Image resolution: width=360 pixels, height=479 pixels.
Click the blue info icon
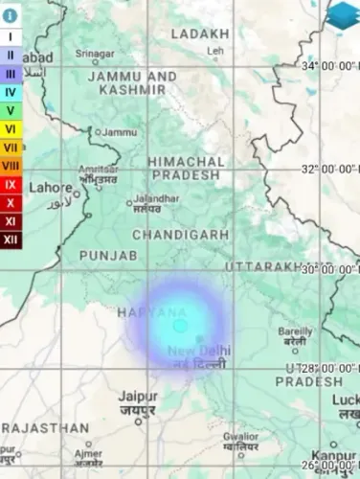click(x=10, y=16)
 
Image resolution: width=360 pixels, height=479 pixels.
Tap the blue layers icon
click(x=342, y=15)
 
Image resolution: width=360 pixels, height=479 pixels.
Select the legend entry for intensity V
click(x=11, y=110)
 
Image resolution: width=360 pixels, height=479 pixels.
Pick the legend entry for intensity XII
click(x=11, y=239)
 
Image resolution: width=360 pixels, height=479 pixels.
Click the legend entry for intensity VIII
click(x=11, y=166)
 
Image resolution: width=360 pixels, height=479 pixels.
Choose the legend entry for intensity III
click(x=11, y=74)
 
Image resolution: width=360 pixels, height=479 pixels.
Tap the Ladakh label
click(x=200, y=34)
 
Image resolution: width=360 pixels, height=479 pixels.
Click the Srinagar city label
click(x=95, y=54)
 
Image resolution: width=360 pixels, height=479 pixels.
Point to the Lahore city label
click(x=51, y=188)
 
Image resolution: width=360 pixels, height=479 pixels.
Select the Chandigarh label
click(x=180, y=235)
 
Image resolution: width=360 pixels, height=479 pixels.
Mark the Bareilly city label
click(x=295, y=331)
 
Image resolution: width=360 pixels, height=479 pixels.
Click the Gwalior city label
click(x=240, y=437)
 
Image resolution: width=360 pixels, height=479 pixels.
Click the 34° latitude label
click(x=330, y=66)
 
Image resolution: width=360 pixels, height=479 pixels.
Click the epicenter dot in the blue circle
click(x=179, y=326)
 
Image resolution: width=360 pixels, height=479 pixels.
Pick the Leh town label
click(x=215, y=50)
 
